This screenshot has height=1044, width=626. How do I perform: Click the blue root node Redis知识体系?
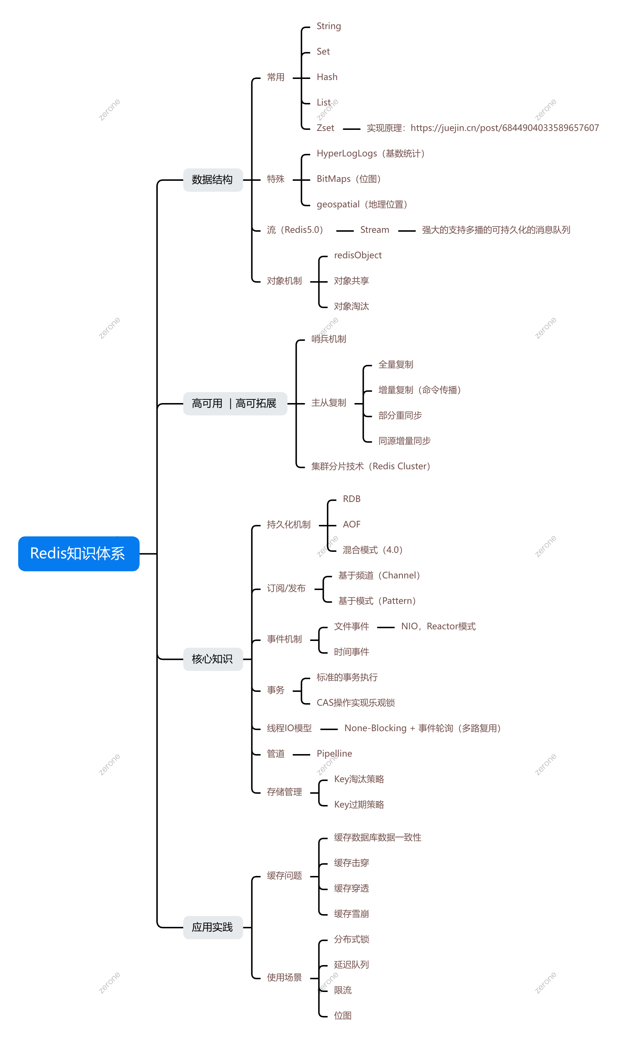point(79,553)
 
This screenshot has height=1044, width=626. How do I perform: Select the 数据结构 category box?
point(213,180)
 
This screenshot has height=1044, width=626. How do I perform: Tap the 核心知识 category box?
point(213,659)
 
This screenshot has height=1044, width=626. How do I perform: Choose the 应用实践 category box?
point(213,927)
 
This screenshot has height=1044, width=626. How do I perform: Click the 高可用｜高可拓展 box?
point(234,403)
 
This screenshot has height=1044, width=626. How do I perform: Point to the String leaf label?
point(329,26)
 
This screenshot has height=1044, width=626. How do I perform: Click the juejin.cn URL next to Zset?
point(505,128)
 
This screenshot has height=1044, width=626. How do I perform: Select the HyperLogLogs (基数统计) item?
point(370,154)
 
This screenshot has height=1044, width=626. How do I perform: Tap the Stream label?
point(374,230)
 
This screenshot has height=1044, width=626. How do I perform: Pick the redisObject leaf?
point(358,255)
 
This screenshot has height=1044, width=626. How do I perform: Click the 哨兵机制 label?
point(329,339)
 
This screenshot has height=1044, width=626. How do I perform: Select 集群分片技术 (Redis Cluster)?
point(370,466)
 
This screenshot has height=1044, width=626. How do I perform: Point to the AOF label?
point(352,525)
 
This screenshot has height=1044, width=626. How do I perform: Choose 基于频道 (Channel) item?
point(379,575)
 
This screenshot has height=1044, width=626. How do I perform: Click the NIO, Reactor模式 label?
point(438,626)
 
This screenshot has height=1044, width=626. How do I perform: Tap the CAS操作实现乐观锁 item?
point(356,703)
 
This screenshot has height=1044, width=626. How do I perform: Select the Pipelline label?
point(334,754)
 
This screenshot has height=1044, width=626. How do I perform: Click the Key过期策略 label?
point(359,805)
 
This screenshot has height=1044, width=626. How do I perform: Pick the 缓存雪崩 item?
point(352,914)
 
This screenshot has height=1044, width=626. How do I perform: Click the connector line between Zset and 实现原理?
point(352,129)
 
